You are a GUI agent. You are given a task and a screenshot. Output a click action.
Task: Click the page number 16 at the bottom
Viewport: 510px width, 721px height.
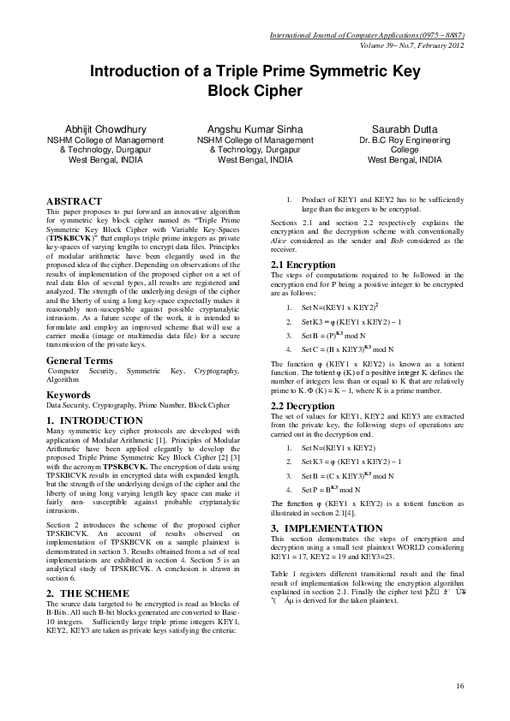coord(460,686)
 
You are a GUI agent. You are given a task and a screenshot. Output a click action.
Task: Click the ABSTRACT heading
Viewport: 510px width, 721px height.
coord(74,200)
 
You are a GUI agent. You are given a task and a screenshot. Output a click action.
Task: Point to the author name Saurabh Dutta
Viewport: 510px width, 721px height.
coord(405,128)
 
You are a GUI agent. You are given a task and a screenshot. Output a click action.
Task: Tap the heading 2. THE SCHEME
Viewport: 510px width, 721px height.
coord(87,593)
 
